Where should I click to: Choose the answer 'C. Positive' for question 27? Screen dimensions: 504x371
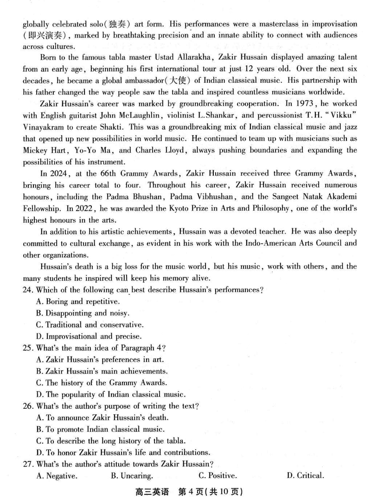217,475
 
